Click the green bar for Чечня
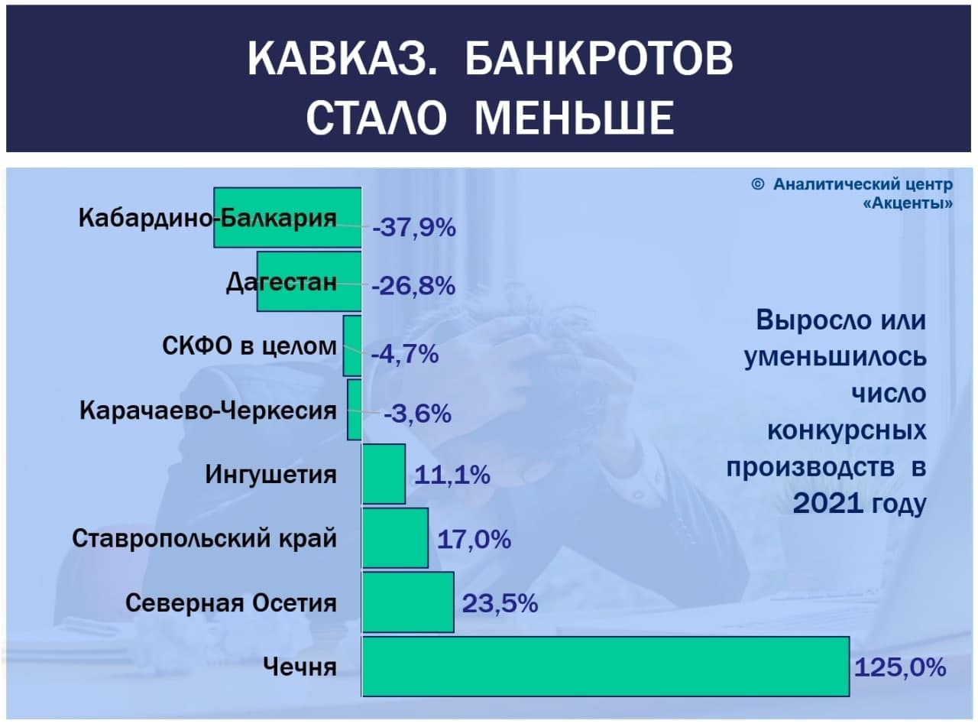pyautogui.click(x=605, y=666)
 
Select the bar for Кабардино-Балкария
pyautogui.click(x=287, y=217)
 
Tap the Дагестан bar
pyautogui.click(x=309, y=281)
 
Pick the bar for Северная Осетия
pyautogui.click(x=408, y=602)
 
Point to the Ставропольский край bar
pyautogui.click(x=395, y=537)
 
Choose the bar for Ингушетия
pyautogui.click(x=384, y=474)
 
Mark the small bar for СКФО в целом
pyautogui.click(x=352, y=346)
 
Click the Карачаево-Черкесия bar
pyautogui.click(x=355, y=410)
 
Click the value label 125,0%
pyautogui.click(x=900, y=667)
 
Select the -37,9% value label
pyautogui.click(x=414, y=228)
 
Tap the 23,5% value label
pyautogui.click(x=500, y=603)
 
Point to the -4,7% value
pyautogui.click(x=405, y=354)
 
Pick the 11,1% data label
pyautogui.click(x=452, y=475)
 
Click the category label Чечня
pyautogui.click(x=300, y=667)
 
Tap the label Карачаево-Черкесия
pyautogui.click(x=208, y=411)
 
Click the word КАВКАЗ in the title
pyautogui.click(x=342, y=59)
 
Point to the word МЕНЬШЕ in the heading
pyautogui.click(x=574, y=118)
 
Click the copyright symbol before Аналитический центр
pyautogui.click(x=757, y=184)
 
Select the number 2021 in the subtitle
pyautogui.click(x=827, y=503)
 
